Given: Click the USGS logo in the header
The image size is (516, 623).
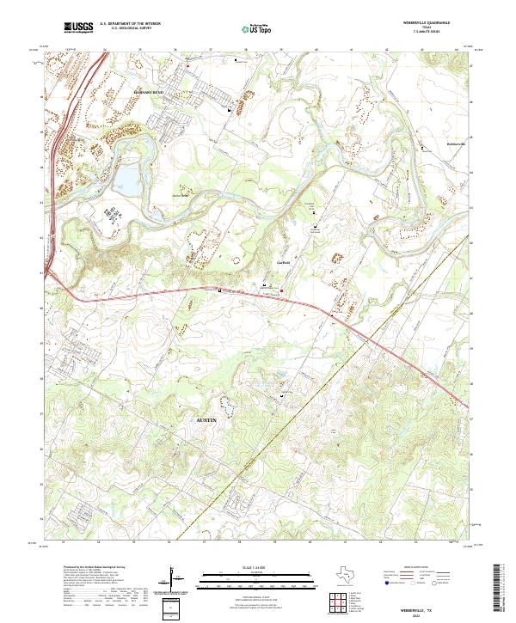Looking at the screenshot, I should [78, 27].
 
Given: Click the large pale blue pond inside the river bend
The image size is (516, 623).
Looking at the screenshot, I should [125, 179].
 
